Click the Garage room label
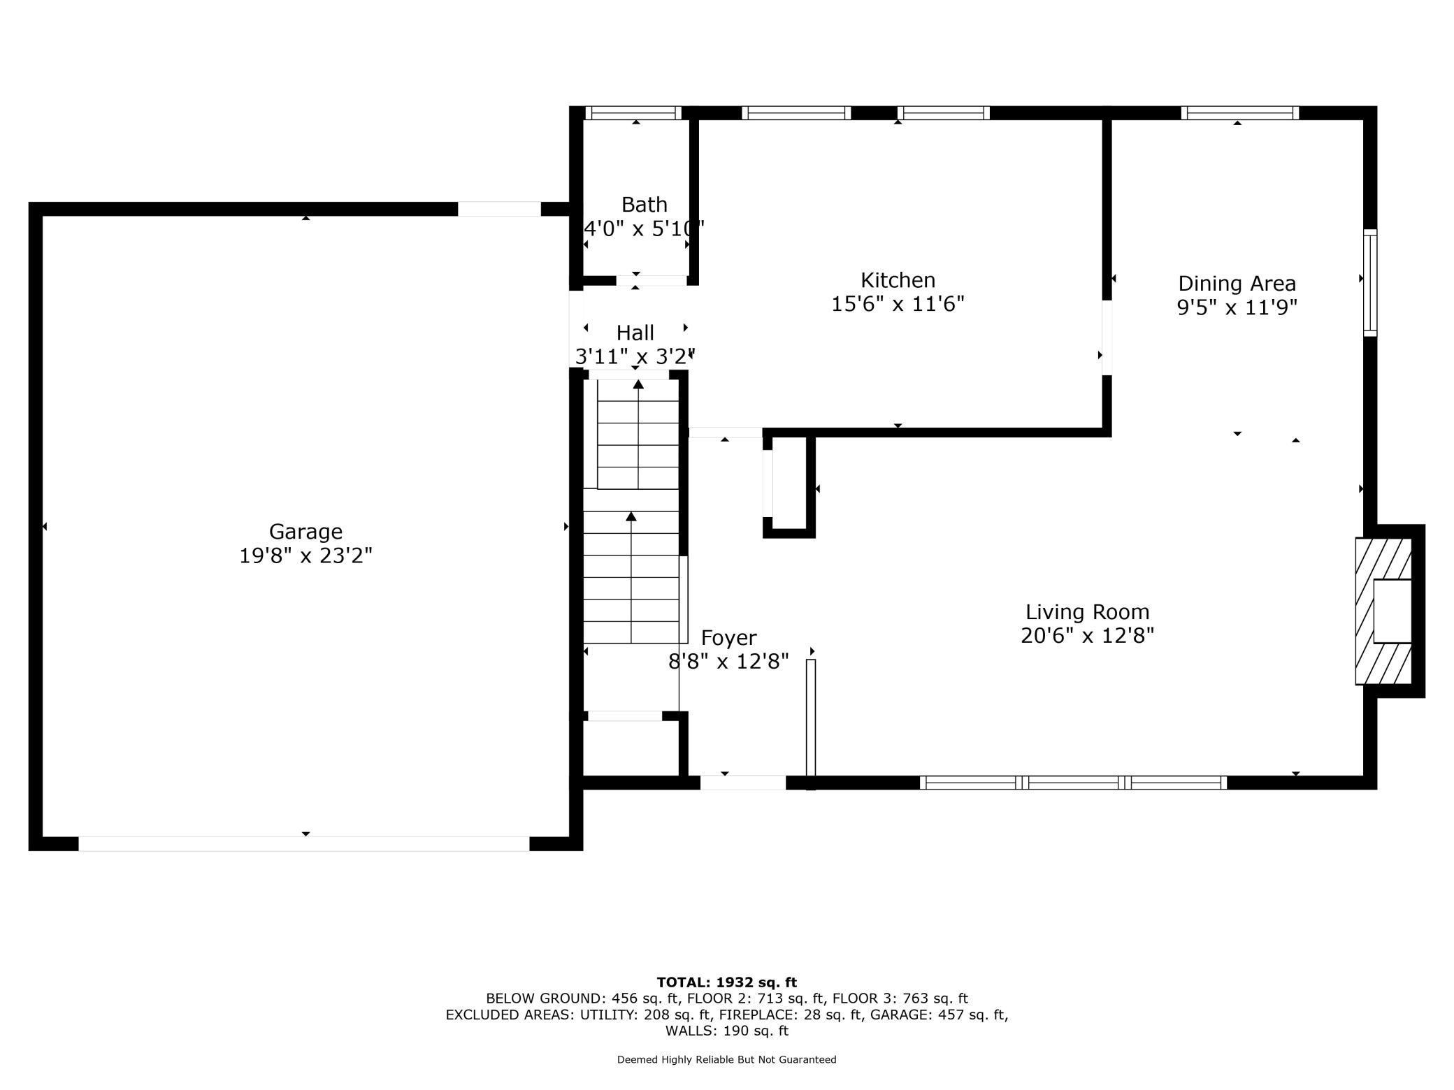tap(305, 532)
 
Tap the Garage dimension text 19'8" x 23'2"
tap(305, 556)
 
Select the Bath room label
tap(644, 205)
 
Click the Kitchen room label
tap(898, 280)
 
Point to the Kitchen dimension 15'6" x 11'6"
tap(898, 304)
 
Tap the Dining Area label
tap(1237, 284)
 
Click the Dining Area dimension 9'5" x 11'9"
tap(1237, 307)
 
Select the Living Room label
tap(1087, 612)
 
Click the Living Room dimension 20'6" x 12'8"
tap(1087, 636)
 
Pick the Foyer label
tap(728, 638)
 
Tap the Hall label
tap(635, 333)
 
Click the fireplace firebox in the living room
tap(1392, 611)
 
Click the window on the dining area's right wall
tap(1370, 283)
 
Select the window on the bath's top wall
tap(633, 113)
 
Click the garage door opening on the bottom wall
tap(304, 843)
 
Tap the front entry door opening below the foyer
tap(743, 783)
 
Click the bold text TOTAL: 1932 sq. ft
tap(727, 982)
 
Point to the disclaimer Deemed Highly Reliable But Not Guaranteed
tap(727, 1060)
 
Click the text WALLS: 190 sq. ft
tap(727, 1031)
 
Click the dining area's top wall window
tap(1240, 113)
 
